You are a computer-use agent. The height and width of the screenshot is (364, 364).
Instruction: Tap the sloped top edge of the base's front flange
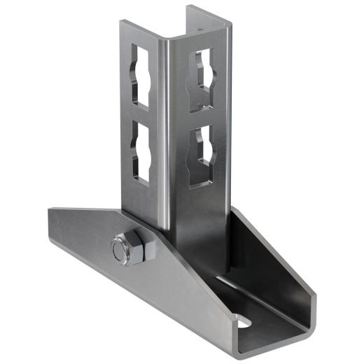[105, 214]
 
